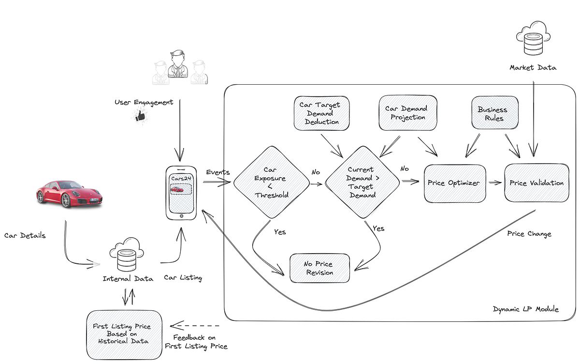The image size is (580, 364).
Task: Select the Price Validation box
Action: click(x=536, y=183)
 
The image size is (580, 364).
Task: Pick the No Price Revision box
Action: click(x=319, y=268)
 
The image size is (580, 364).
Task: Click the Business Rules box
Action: click(x=493, y=114)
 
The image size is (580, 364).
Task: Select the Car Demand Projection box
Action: click(x=408, y=113)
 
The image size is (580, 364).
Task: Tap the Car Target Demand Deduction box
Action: click(x=321, y=113)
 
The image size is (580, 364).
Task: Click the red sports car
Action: click(x=69, y=194)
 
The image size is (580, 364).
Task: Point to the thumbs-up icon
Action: click(x=140, y=115)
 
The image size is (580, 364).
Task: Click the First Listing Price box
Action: click(x=121, y=334)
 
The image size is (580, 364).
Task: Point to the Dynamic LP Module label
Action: click(x=525, y=309)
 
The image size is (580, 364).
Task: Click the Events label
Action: click(x=217, y=172)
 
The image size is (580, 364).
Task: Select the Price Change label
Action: click(x=529, y=234)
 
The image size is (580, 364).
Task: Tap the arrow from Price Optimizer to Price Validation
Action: click(x=495, y=183)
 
